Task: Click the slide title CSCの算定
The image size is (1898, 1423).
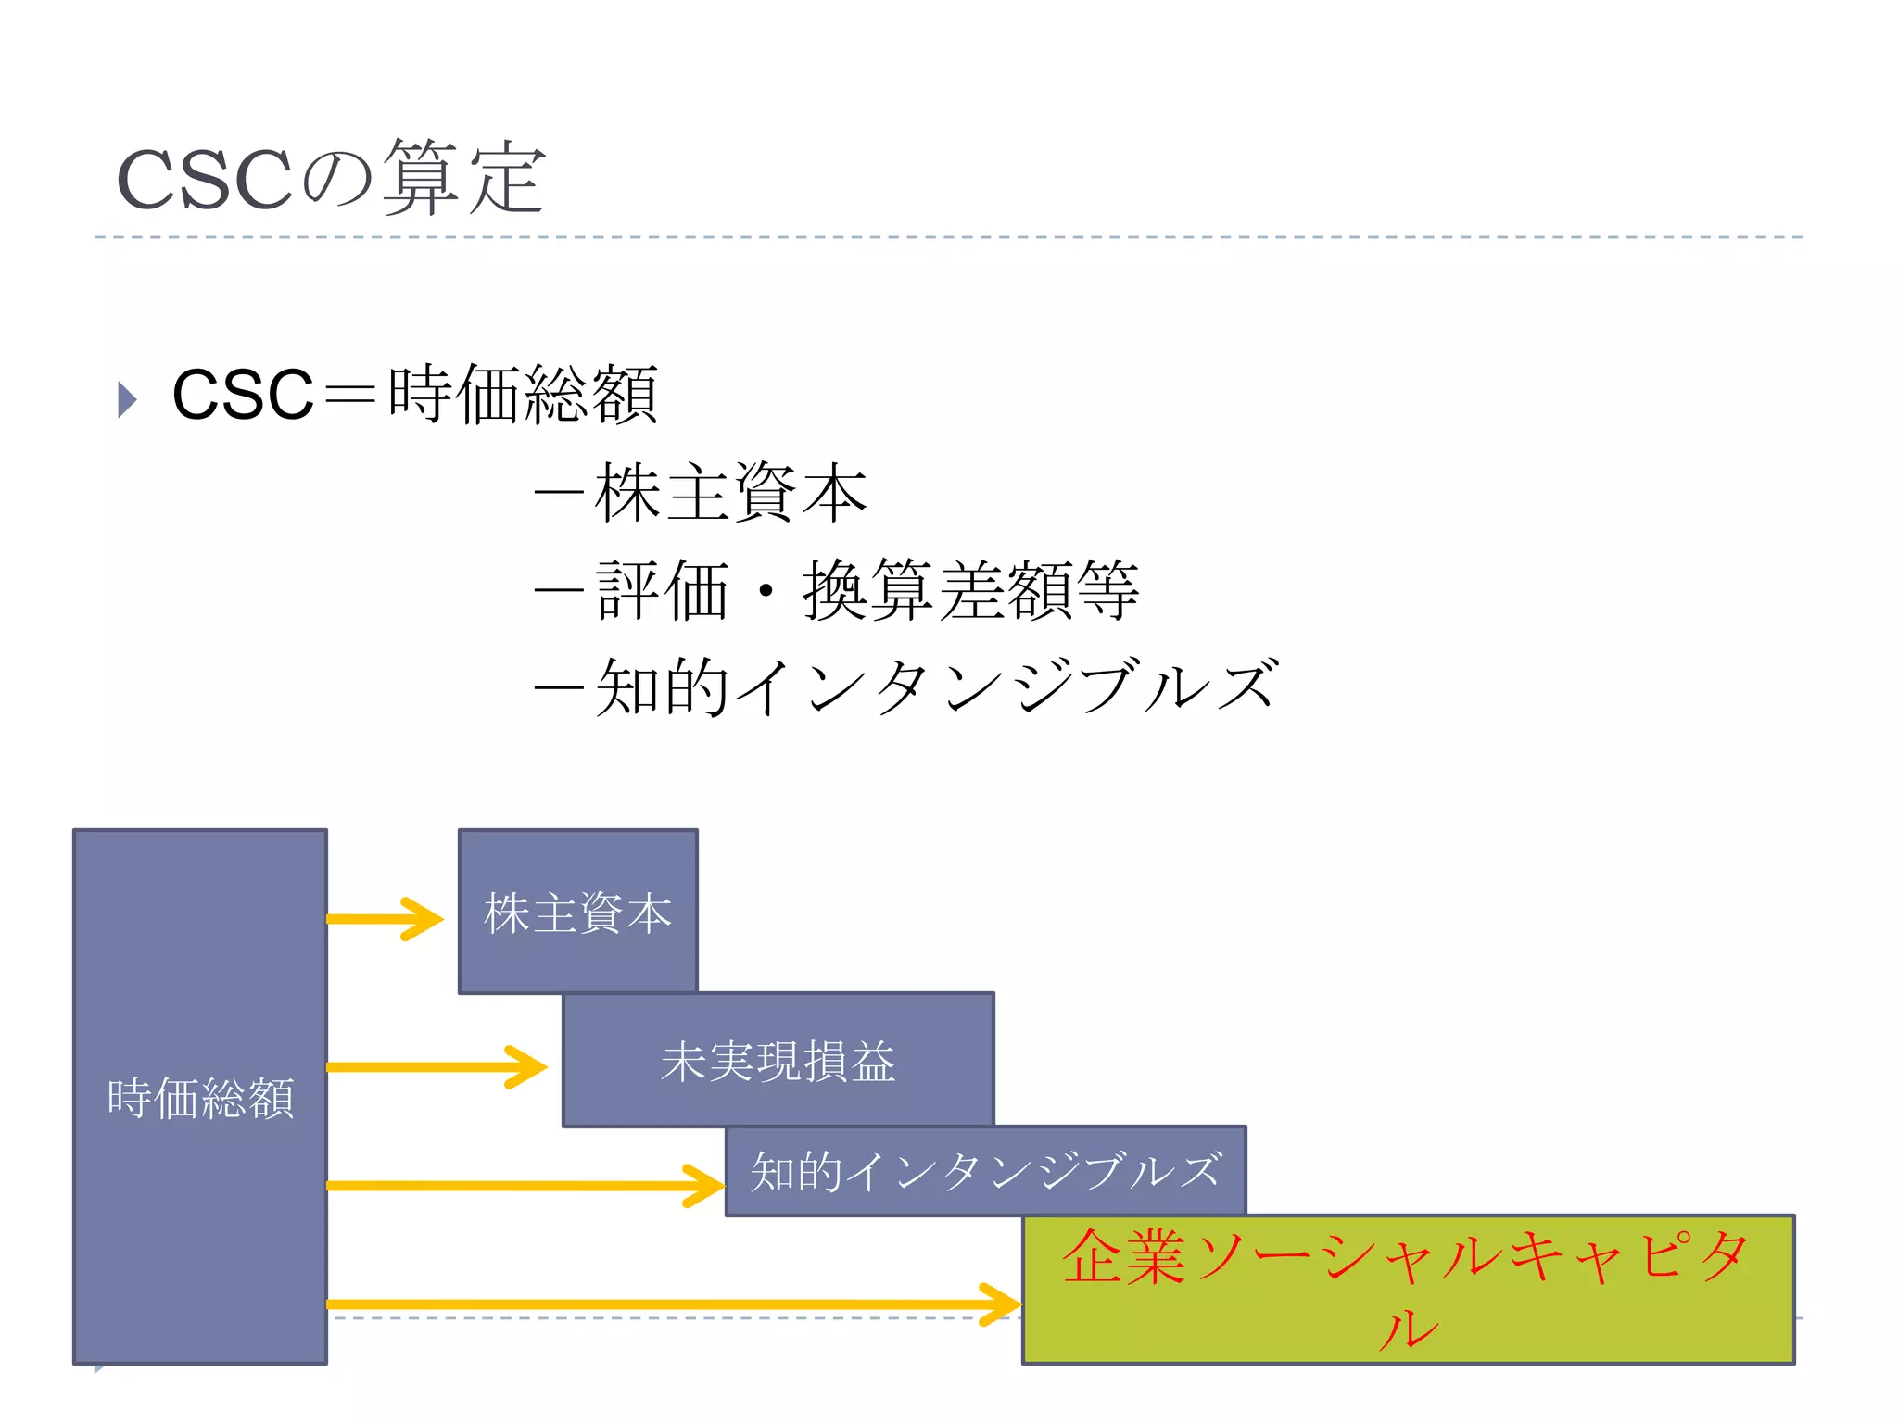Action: (331, 179)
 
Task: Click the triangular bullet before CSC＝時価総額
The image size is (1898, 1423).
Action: (128, 399)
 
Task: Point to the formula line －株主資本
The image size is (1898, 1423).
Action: (701, 493)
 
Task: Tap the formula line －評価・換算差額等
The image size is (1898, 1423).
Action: (837, 591)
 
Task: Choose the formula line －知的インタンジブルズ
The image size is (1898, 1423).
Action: (906, 688)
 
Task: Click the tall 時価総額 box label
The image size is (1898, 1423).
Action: (200, 1099)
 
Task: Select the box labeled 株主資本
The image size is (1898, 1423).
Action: (577, 913)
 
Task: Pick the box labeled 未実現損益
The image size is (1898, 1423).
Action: (778, 1061)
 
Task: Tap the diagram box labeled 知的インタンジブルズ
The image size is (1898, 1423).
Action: (985, 1171)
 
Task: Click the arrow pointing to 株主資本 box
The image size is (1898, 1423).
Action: (385, 919)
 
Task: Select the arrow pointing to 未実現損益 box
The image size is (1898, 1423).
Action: (436, 1067)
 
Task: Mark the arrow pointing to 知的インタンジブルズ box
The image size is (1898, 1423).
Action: (525, 1186)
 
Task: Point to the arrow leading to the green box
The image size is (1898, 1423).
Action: (673, 1304)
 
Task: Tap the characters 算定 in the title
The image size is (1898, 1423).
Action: (463, 179)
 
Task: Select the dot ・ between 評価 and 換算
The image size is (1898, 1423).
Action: (766, 591)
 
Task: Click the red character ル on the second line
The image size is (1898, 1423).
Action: (1408, 1330)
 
